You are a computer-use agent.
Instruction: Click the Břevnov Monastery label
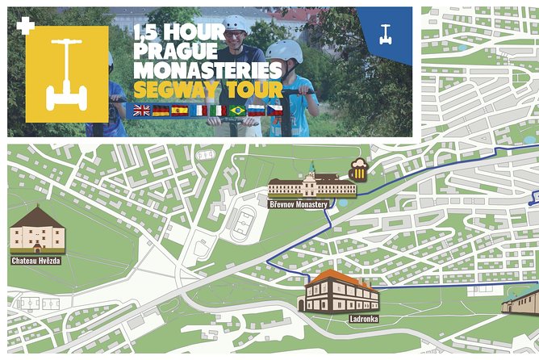point(299,204)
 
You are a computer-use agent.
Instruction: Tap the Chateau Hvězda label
point(36,261)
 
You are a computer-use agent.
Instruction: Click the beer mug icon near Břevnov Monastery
point(358,170)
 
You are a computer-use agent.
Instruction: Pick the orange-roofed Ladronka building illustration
point(341,292)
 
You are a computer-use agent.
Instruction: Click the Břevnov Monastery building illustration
point(311,184)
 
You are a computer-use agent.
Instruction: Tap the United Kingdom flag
point(142,110)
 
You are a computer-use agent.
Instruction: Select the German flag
point(161,110)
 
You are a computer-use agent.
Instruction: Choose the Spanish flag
point(180,110)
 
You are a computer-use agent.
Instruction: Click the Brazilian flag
point(237,110)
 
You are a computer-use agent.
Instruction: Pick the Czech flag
point(275,110)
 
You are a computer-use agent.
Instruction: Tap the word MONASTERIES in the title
point(207,70)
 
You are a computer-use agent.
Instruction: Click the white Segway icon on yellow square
point(66,74)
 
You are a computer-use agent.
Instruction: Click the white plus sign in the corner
point(25,25)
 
